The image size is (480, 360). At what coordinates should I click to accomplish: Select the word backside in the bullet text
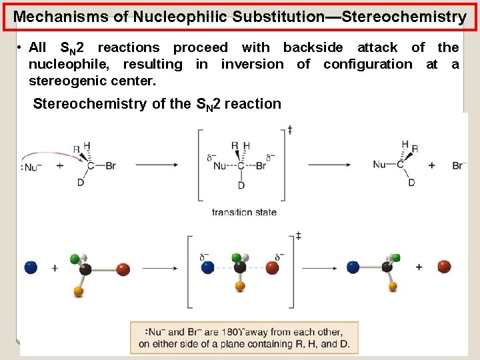(x=313, y=47)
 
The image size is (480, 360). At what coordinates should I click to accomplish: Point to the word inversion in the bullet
(x=252, y=64)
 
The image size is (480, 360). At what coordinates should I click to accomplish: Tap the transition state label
(x=244, y=212)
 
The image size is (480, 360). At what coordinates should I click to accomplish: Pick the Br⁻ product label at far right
(x=459, y=165)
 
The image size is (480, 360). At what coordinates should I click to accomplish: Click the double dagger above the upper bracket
(x=289, y=129)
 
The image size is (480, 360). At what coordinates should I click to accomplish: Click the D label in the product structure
(x=411, y=183)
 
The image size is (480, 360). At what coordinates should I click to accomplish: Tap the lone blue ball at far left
(x=30, y=267)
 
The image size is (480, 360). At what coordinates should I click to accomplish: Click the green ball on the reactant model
(x=75, y=257)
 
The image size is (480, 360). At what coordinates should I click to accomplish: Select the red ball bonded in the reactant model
(x=123, y=269)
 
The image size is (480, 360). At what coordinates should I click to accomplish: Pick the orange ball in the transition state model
(x=240, y=286)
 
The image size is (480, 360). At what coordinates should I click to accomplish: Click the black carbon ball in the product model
(x=387, y=267)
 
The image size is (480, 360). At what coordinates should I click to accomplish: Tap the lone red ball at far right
(x=444, y=267)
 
